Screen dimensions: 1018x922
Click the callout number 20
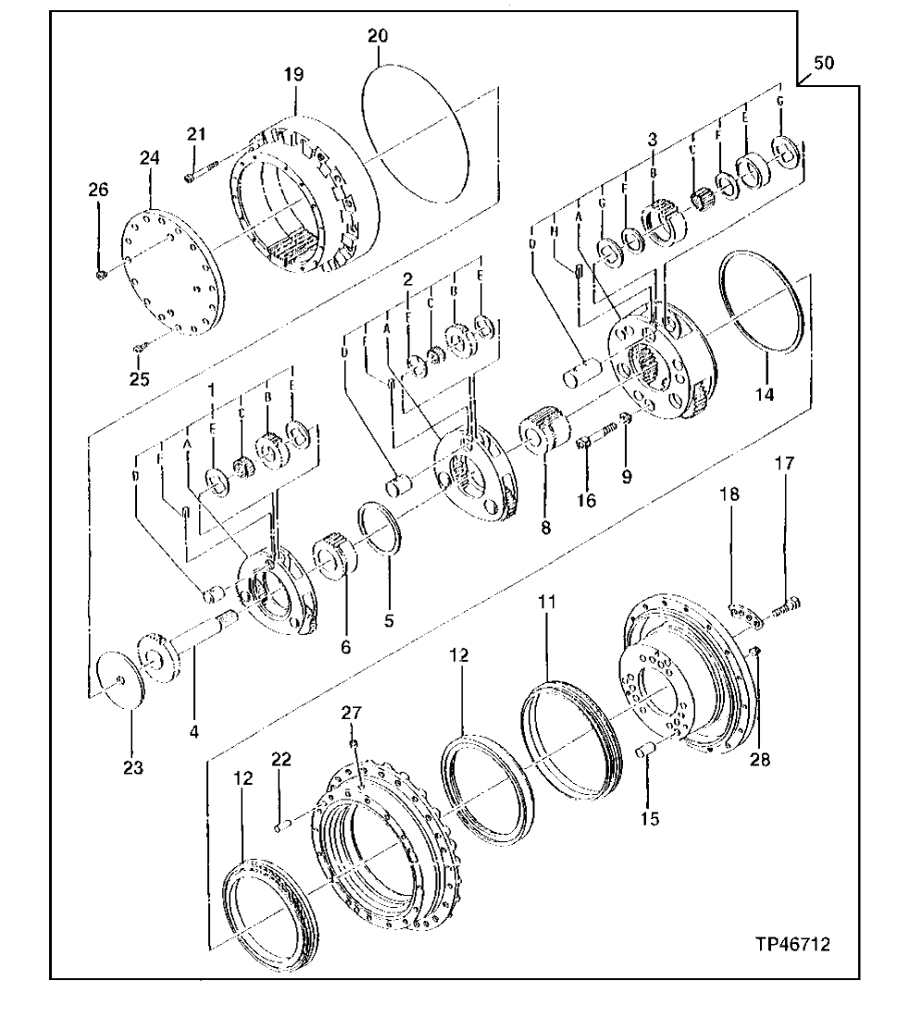(x=378, y=36)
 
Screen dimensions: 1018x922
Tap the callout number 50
(x=823, y=63)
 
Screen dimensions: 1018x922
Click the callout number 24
(x=150, y=158)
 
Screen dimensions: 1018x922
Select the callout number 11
(x=547, y=602)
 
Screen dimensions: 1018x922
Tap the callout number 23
(x=131, y=767)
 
